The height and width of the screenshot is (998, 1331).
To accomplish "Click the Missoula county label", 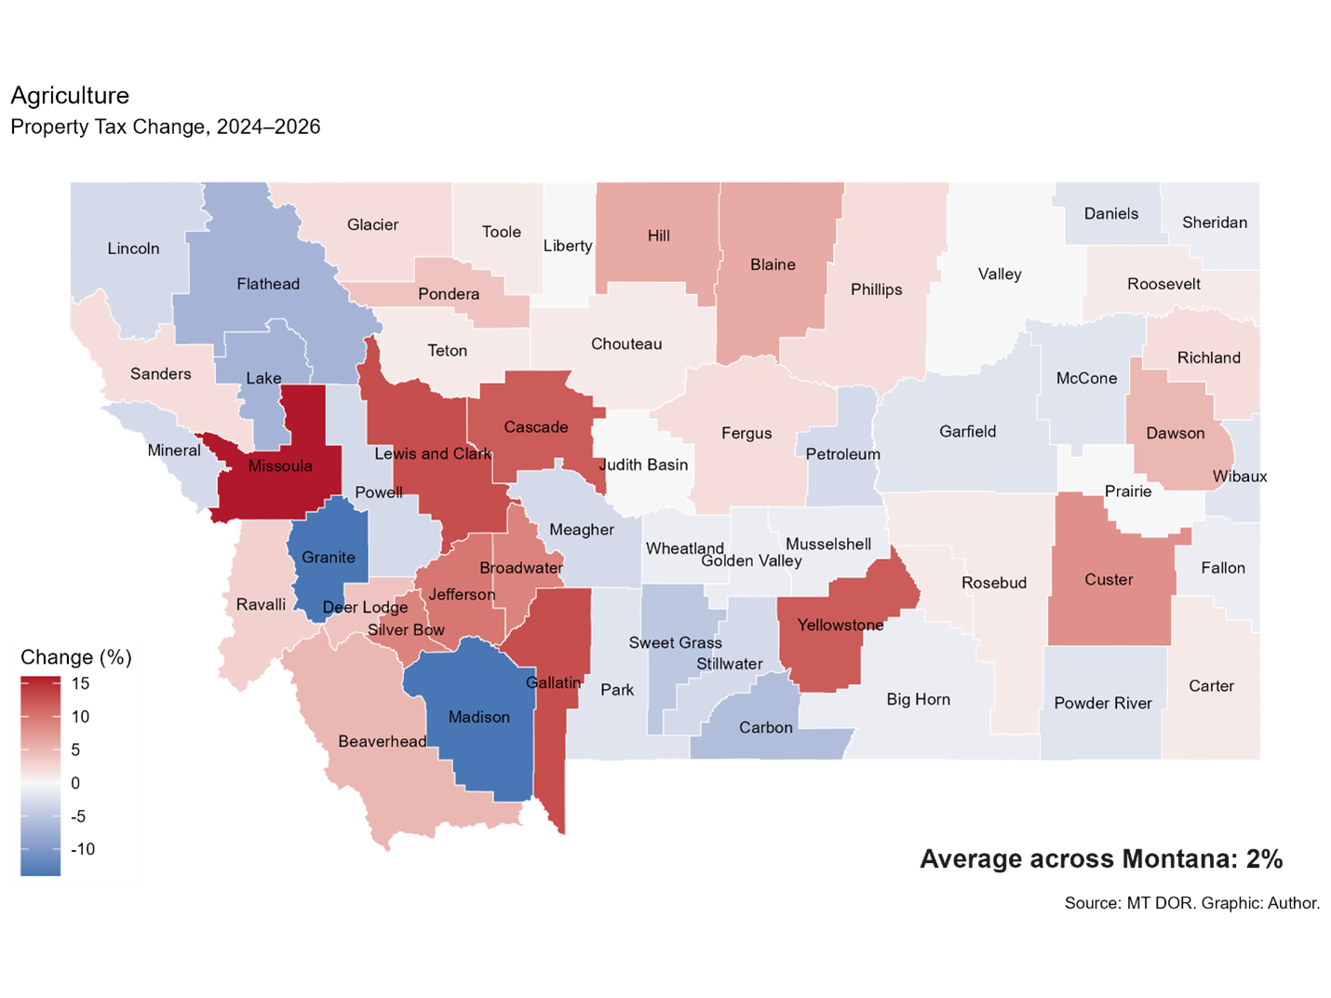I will [280, 465].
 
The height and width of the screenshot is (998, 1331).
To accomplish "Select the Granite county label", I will [329, 557].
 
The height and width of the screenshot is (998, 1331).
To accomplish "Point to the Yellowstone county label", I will [840, 625].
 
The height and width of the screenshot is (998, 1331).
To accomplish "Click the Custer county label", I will [1109, 579].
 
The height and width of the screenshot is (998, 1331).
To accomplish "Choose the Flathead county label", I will [268, 284].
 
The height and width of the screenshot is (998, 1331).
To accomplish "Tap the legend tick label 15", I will [81, 683].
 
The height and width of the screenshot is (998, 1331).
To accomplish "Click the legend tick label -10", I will [83, 849].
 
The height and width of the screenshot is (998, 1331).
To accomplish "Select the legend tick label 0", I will [75, 783].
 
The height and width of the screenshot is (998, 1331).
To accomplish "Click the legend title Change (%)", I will [76, 657].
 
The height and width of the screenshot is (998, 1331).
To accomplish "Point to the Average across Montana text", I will [1101, 858].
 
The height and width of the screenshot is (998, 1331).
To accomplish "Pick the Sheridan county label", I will [1215, 223].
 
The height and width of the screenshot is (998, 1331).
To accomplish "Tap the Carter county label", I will [1211, 686].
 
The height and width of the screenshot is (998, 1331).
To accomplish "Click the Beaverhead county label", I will [382, 741].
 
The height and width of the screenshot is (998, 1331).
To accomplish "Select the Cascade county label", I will [536, 427].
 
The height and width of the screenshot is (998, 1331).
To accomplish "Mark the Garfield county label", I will [968, 431].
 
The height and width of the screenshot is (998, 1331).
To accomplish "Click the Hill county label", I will [659, 236].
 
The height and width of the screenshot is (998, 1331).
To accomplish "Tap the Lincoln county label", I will [133, 249].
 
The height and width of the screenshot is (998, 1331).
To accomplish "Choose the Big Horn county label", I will [919, 699].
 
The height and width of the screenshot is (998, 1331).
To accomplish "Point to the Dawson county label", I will [1176, 433].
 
